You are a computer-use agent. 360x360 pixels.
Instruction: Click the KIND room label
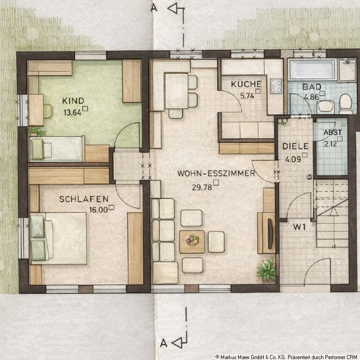coord(73,101)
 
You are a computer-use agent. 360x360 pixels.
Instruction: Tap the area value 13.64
coord(72,113)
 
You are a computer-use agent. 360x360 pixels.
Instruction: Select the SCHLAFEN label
coord(84,199)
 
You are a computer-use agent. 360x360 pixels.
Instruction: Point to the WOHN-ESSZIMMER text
coord(216,173)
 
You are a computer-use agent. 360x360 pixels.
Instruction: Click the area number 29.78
coord(202,188)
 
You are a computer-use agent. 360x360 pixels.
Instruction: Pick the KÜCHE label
coord(246,84)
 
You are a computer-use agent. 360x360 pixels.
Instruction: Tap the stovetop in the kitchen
coord(276,86)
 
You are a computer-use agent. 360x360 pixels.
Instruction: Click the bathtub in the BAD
coord(312,70)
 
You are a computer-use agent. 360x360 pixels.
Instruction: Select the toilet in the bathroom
coord(346,104)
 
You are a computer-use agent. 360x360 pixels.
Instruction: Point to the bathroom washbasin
coord(326,107)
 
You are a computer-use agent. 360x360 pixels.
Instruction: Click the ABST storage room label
coord(333,132)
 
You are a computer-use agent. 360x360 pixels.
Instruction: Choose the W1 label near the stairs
coord(299,227)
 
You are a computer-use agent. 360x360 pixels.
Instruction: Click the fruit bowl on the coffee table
coord(193,240)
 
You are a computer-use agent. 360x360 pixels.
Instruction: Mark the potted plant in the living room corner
coord(266,270)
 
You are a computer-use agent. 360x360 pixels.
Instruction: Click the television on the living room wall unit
coord(270,234)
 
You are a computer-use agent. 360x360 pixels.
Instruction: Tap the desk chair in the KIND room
coord(48,111)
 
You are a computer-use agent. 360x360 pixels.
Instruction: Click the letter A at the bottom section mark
coord(163,343)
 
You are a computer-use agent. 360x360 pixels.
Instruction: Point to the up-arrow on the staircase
coord(333,211)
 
